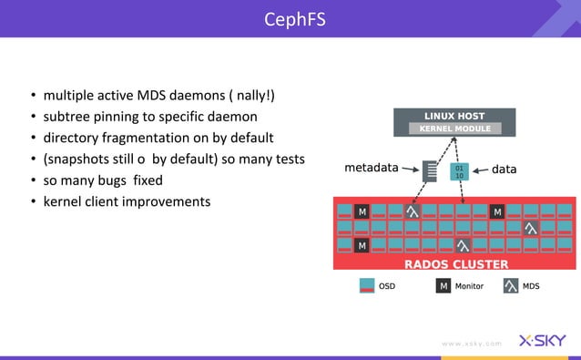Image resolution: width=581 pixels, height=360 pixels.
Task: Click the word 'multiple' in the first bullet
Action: (68, 97)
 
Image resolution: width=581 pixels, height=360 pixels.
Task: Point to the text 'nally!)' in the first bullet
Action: (251, 97)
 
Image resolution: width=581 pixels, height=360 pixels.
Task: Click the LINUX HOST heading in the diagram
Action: (454, 116)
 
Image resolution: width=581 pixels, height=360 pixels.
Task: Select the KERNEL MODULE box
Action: (454, 129)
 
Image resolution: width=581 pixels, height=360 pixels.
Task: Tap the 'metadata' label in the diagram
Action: (372, 168)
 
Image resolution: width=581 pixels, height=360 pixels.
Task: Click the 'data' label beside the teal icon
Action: (505, 169)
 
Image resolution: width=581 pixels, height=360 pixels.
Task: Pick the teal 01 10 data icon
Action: (459, 170)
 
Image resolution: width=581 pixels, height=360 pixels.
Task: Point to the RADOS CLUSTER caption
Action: (455, 264)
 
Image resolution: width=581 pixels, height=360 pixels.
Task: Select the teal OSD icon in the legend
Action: (367, 286)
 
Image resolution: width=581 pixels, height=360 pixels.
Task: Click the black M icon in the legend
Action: (443, 286)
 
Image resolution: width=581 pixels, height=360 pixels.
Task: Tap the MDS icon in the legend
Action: (511, 286)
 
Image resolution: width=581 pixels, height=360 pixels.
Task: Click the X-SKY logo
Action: (542, 342)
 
